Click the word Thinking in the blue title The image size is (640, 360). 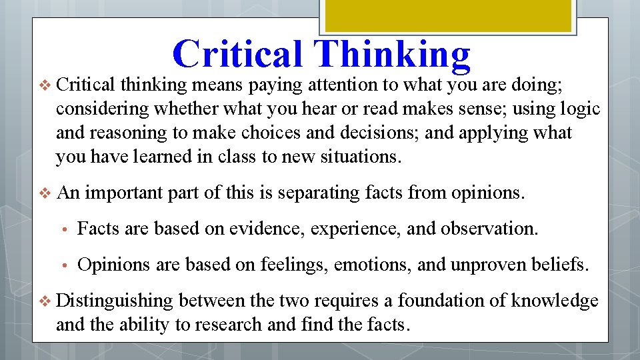[395, 54]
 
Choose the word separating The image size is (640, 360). [319, 193]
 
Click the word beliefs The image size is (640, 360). [563, 265]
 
